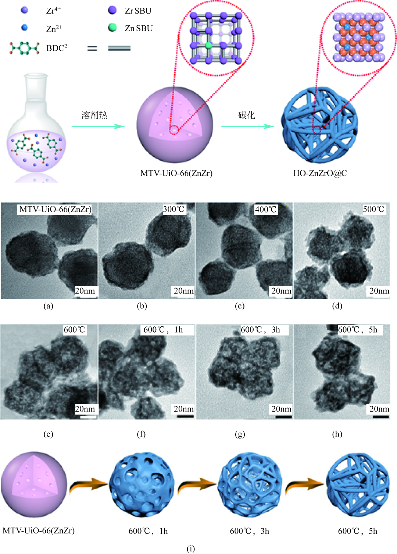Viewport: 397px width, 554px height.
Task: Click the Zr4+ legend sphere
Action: tap(25, 10)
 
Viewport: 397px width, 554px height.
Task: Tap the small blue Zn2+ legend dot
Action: tap(25, 28)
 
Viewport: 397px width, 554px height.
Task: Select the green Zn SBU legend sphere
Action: tap(112, 28)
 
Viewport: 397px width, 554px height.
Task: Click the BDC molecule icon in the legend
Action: tap(24, 48)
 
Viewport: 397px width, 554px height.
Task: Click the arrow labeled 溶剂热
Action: tap(98, 126)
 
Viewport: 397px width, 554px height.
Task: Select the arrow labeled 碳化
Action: tap(247, 126)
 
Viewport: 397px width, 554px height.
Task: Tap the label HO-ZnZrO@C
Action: tap(320, 173)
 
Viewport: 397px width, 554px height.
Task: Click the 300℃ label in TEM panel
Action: tap(174, 209)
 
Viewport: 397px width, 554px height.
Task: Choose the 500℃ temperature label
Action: tap(373, 209)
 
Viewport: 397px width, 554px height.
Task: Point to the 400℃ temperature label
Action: tap(266, 210)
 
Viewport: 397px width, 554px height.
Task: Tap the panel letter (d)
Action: tap(337, 306)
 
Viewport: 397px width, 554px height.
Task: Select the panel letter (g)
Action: tap(240, 434)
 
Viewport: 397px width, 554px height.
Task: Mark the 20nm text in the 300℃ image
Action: tap(183, 291)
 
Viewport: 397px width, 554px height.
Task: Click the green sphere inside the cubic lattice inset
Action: tap(208, 45)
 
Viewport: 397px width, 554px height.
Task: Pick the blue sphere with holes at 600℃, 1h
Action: tap(142, 485)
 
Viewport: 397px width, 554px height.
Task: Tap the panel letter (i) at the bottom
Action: tap(190, 548)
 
